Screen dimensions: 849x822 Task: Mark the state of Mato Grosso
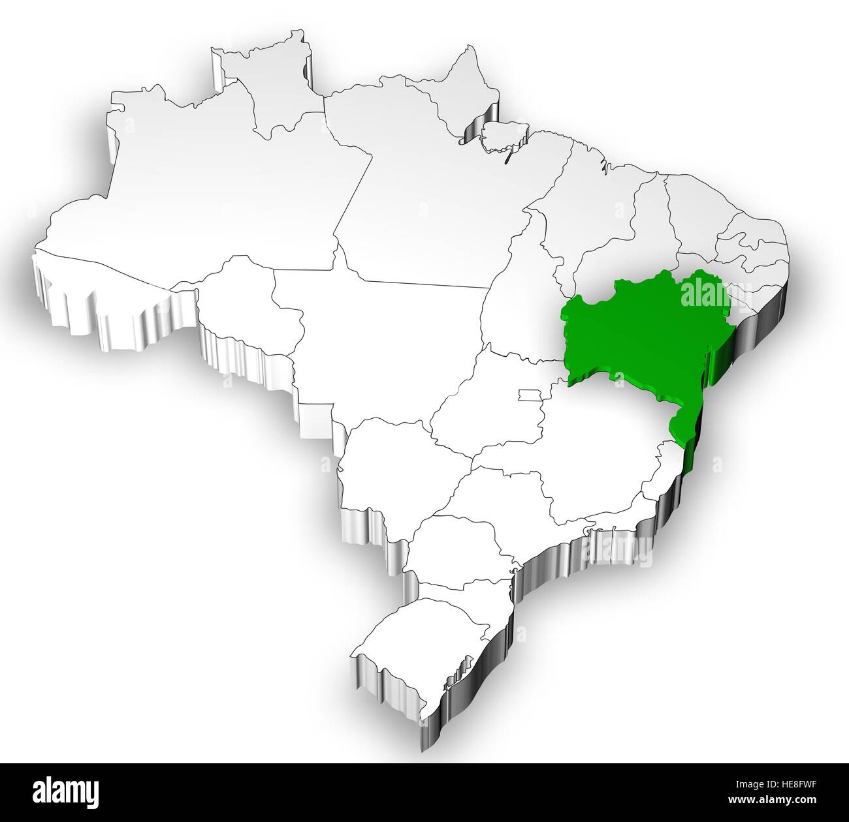379,326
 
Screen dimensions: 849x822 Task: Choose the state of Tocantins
516,294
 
